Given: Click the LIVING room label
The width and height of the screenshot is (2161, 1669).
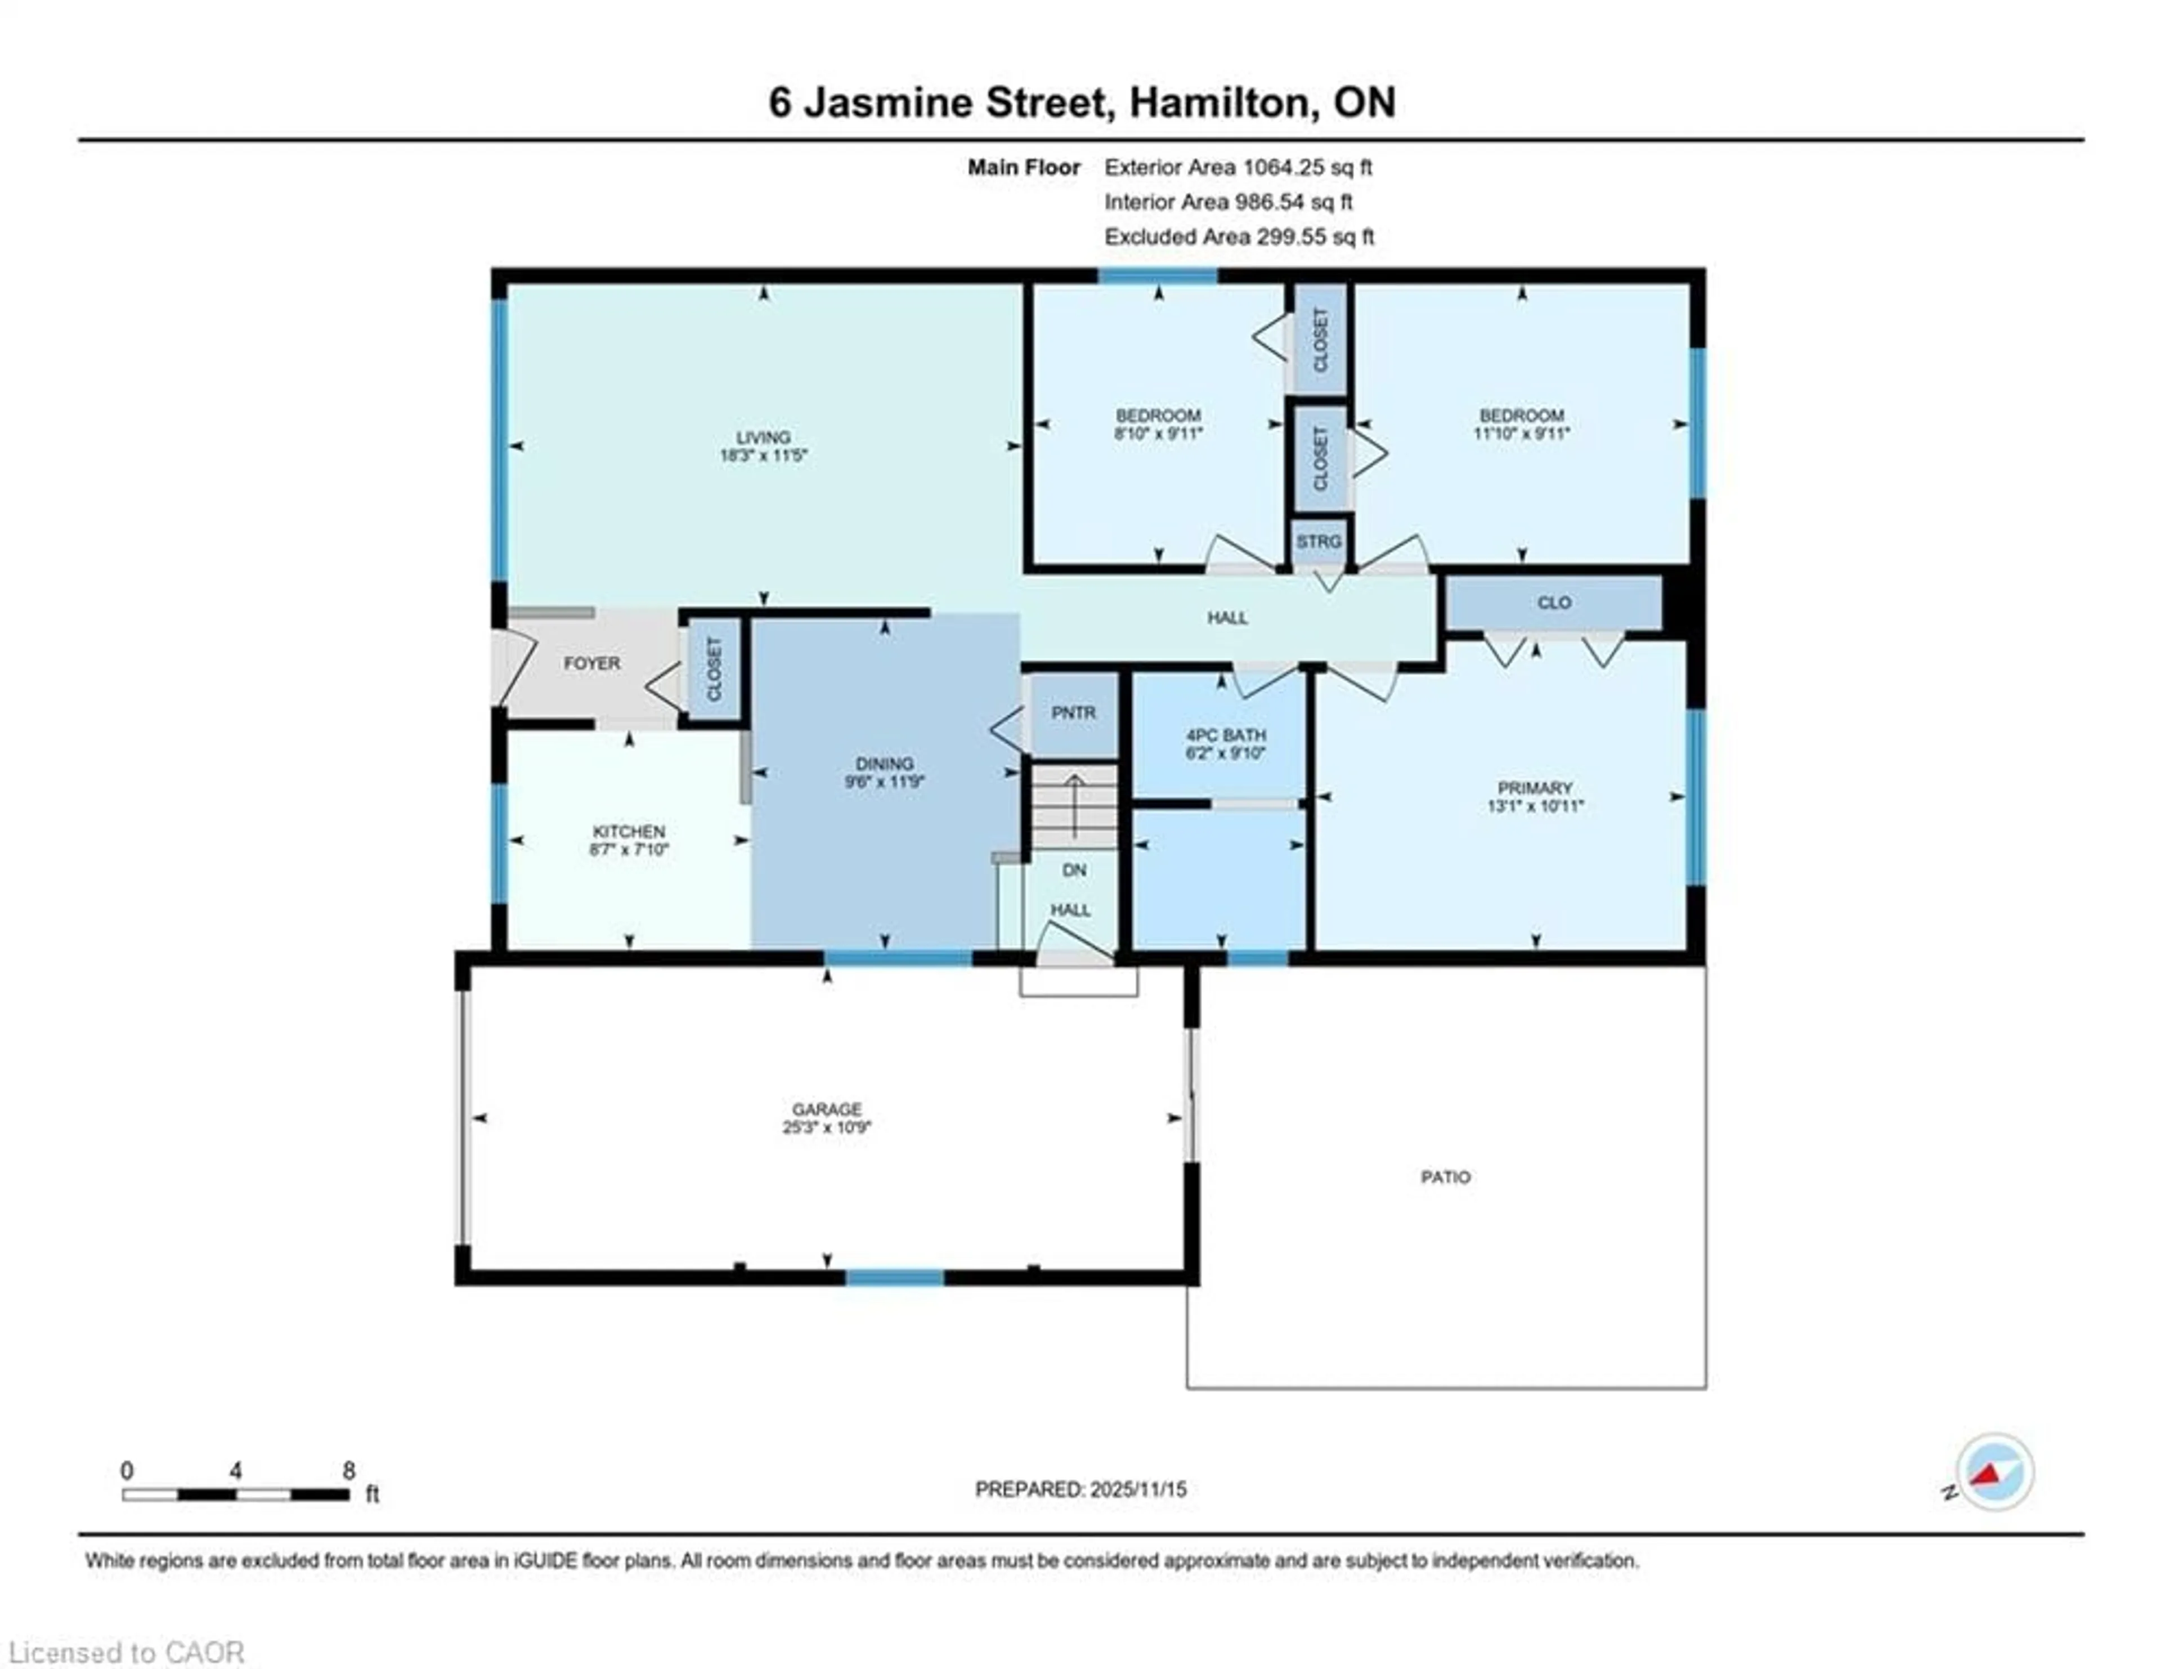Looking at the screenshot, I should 763,436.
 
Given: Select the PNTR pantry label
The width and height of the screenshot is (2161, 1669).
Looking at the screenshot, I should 1074,713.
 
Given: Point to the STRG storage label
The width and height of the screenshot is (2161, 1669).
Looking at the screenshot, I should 1319,542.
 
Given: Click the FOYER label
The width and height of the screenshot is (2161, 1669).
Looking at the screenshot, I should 591,663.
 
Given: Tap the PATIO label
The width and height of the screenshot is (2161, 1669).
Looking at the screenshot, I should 1446,1177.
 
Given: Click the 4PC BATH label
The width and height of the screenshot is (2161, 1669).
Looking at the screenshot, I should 1226,735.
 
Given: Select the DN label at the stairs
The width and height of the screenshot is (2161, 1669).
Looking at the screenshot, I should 1074,870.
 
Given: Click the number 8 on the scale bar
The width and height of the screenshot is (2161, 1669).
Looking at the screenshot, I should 348,1471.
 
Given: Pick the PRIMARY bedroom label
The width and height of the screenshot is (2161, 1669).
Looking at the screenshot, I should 1535,788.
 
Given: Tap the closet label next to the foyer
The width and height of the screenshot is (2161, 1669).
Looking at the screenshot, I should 714,668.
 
